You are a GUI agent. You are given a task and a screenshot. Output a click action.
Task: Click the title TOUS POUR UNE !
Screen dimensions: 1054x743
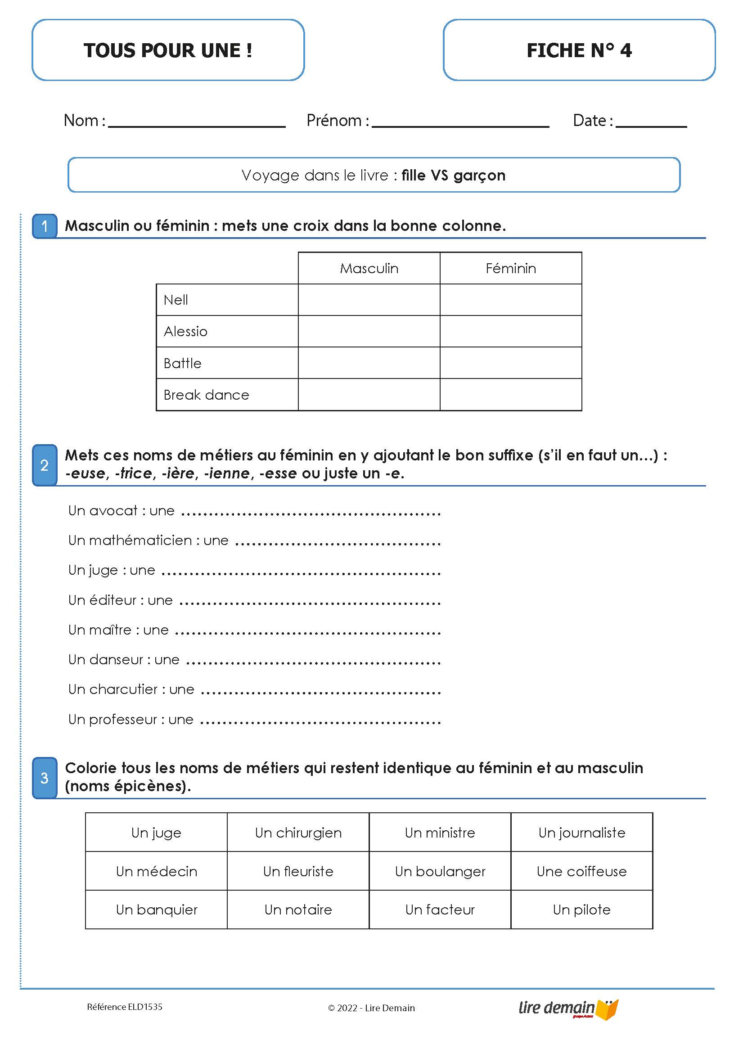168,50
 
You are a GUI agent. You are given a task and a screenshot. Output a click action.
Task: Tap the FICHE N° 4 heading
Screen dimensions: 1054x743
579,50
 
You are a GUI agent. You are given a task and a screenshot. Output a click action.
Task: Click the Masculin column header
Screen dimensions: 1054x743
369,269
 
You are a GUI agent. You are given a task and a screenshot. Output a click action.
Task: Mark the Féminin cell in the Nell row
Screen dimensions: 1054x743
510,300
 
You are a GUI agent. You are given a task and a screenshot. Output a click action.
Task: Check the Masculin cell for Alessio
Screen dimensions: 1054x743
369,331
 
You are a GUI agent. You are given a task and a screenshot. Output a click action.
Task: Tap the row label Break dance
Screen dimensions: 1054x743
207,395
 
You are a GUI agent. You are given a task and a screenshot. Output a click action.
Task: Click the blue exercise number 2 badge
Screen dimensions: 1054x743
45,465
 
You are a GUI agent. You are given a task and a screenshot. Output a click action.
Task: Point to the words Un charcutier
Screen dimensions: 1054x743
113,689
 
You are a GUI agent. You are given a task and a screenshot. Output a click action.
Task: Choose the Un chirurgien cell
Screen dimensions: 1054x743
298,833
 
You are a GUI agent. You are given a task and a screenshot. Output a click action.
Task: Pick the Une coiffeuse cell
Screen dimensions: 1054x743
581,871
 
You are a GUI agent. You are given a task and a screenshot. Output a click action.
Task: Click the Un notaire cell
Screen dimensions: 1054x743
298,910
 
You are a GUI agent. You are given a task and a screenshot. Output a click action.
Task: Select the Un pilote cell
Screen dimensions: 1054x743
581,910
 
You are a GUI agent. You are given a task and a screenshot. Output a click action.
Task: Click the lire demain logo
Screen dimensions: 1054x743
568,1009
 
